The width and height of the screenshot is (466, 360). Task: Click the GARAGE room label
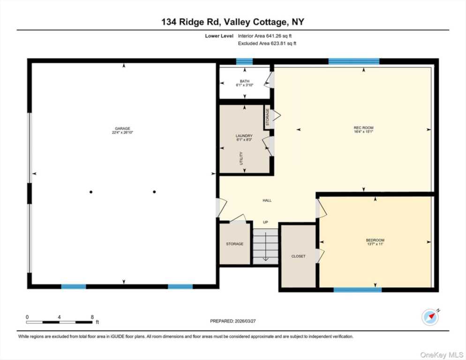[x=123, y=128]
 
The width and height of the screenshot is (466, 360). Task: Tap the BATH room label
[x=245, y=81]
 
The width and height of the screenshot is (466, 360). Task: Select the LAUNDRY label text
[x=244, y=136]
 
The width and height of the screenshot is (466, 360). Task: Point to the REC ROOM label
[x=363, y=127]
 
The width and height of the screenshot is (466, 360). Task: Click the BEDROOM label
[x=375, y=240]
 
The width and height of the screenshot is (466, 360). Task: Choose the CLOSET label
[x=298, y=256]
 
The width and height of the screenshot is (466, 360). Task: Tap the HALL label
[x=267, y=201]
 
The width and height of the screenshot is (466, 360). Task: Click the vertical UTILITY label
[x=241, y=158]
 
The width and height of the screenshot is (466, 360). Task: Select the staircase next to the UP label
[x=265, y=246]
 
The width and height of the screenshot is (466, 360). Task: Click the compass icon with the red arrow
[x=430, y=317]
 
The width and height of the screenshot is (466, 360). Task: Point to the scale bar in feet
[x=59, y=322]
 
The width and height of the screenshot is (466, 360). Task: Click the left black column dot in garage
[x=91, y=192]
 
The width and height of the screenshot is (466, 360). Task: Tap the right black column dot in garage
[x=154, y=192]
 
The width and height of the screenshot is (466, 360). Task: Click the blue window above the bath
[x=244, y=61]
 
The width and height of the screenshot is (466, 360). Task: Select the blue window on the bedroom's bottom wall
[x=357, y=290]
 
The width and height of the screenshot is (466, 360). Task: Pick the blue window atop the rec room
[x=353, y=61]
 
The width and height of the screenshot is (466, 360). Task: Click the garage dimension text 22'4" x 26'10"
[x=123, y=132]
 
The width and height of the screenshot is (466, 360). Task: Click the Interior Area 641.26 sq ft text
[x=268, y=36]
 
